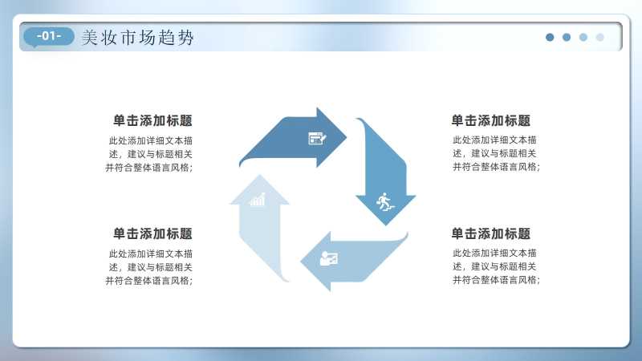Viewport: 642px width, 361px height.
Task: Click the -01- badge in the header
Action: (x=49, y=37)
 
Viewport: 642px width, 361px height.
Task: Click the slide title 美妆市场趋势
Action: (x=137, y=38)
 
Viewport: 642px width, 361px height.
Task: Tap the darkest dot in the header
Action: (x=550, y=37)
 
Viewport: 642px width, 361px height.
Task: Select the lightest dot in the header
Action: (x=599, y=37)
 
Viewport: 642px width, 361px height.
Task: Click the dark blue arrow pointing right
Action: (x=299, y=138)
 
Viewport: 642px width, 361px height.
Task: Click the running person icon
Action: (x=384, y=202)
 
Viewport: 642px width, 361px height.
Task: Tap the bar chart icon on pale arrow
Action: (x=258, y=199)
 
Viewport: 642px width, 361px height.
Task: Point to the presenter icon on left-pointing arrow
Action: (x=329, y=258)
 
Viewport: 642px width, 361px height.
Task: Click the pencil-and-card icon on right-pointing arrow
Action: (x=317, y=138)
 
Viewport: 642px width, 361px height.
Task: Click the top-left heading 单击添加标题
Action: (x=152, y=121)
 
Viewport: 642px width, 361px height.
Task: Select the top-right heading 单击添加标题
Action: (x=491, y=121)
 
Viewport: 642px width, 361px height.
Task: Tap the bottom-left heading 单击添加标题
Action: (x=152, y=233)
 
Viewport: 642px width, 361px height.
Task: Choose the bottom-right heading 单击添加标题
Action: (x=491, y=233)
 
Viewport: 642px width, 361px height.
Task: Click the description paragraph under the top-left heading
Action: (x=149, y=154)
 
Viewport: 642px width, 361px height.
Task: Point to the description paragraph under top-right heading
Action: (x=496, y=153)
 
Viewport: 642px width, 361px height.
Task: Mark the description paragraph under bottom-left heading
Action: (x=149, y=267)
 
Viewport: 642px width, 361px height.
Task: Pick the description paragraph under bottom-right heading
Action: (x=496, y=266)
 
